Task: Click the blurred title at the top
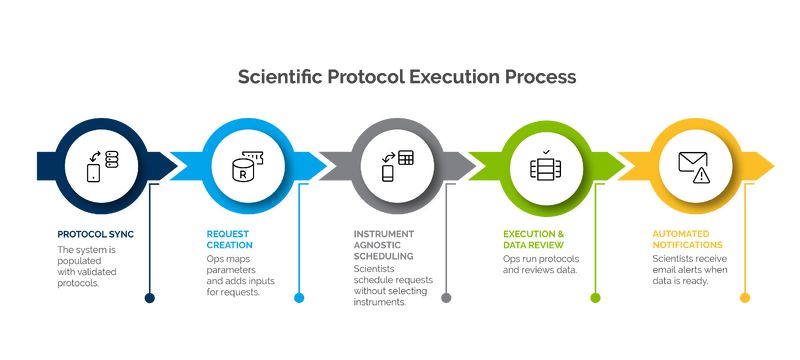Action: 406,77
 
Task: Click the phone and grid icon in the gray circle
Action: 395,163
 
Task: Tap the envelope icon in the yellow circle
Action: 692,161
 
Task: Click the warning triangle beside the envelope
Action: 702,174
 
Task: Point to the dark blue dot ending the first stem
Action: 150,297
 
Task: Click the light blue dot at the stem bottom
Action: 298,297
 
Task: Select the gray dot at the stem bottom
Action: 446,297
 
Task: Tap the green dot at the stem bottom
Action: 595,297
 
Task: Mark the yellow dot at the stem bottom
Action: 744,297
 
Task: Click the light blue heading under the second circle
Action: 228,240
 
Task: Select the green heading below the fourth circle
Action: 533,240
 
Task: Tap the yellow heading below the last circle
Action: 680,240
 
